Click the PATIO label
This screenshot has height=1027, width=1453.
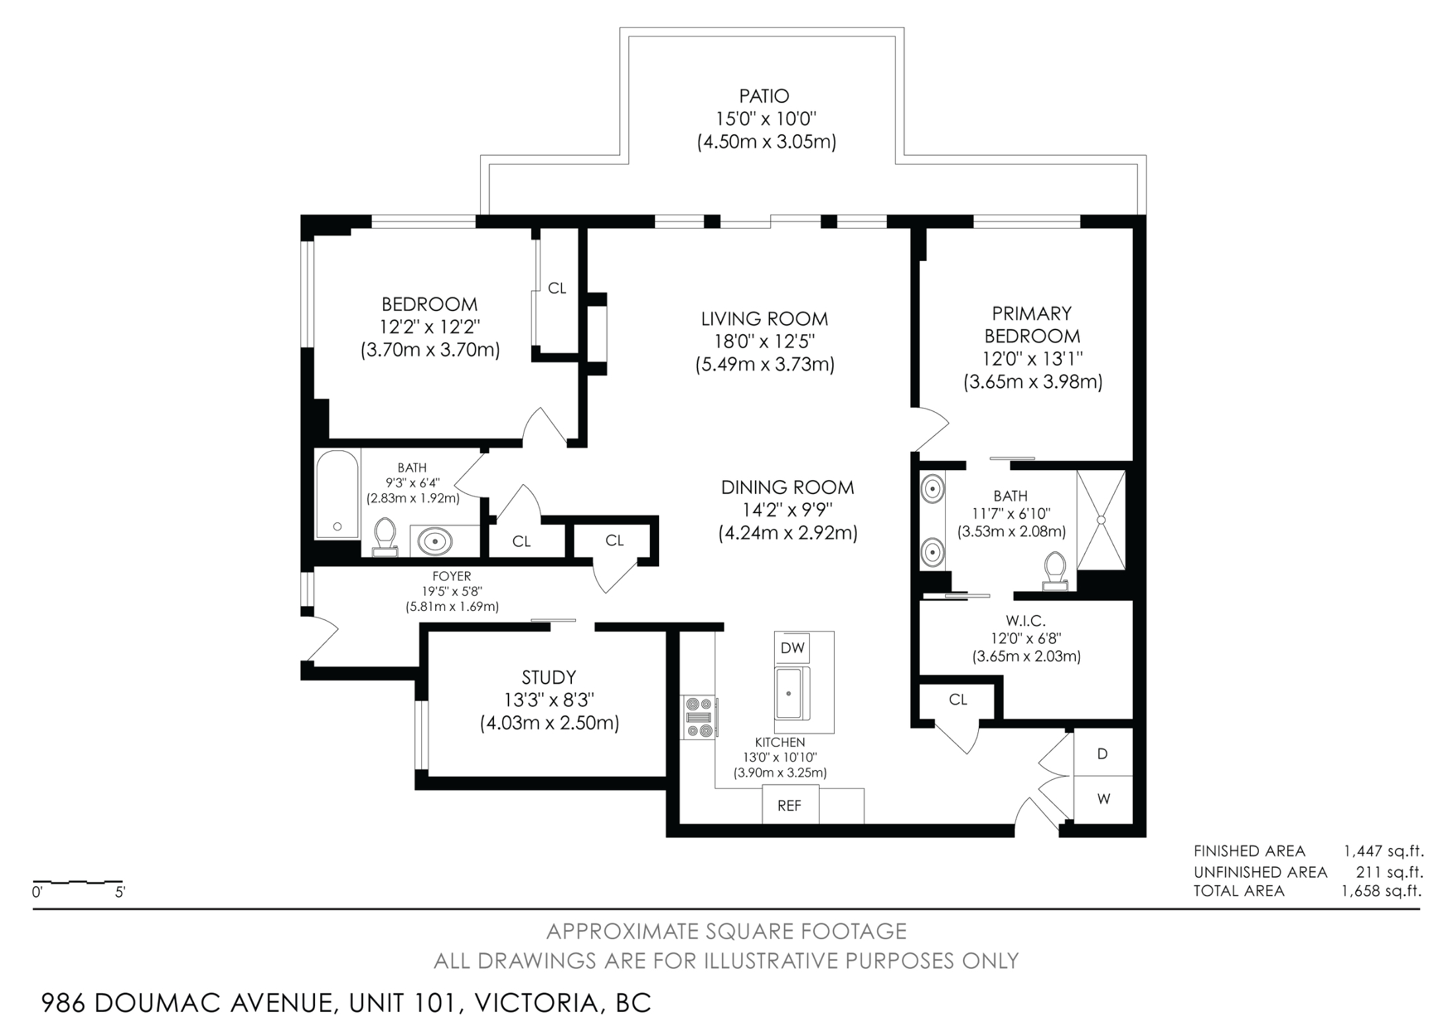click(764, 96)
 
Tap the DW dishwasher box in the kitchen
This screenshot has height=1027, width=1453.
click(793, 648)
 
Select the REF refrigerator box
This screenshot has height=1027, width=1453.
click(790, 805)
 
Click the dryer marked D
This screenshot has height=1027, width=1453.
click(1102, 753)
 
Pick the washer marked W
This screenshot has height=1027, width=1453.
click(1103, 799)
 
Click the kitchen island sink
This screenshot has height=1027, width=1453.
click(789, 693)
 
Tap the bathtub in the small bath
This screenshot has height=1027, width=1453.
click(337, 495)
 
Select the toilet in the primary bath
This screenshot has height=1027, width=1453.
click(1055, 571)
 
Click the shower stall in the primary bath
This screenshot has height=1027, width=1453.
click(1101, 520)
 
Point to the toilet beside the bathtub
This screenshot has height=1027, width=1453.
click(384, 537)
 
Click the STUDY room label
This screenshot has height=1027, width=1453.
click(549, 678)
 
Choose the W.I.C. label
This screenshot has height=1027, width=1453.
click(1026, 621)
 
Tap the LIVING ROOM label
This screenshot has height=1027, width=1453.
click(765, 319)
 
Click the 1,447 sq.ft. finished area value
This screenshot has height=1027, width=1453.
click(1384, 851)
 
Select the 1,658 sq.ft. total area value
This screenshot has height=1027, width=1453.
click(1381, 891)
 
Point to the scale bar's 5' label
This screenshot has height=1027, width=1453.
click(120, 892)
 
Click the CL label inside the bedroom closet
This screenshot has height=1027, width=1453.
click(557, 288)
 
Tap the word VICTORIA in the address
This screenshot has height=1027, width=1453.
click(536, 1003)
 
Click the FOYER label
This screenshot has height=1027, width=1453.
click(452, 577)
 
